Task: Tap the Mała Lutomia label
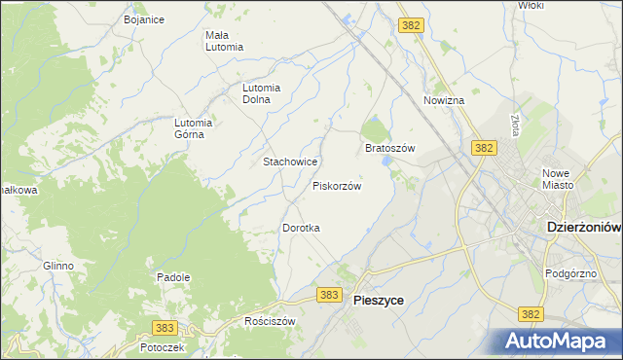tap(223, 41)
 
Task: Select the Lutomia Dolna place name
tap(262, 92)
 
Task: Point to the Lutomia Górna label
tap(193, 128)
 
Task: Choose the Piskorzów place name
tap(337, 185)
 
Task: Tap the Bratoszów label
tap(389, 148)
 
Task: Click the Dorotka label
tap(301, 228)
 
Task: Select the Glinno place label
tap(57, 266)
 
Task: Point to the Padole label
tap(173, 277)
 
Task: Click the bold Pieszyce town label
tap(377, 302)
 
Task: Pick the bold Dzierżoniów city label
tap(578, 227)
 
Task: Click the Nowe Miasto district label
tap(558, 179)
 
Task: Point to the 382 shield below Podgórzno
tap(531, 314)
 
